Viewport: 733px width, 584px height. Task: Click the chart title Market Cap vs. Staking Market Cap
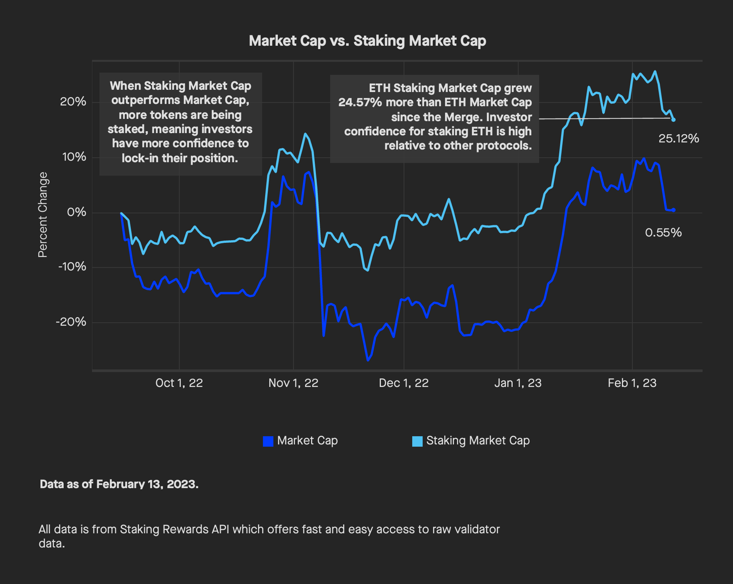tap(367, 41)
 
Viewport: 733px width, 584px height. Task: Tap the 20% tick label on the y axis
tap(73, 102)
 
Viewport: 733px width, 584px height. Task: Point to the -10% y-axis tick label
tap(72, 267)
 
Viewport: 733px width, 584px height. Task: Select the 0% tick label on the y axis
tap(76, 212)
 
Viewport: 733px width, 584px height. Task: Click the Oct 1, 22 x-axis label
tap(179, 383)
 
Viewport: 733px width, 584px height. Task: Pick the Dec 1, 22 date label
tap(404, 383)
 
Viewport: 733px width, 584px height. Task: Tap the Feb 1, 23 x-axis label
tap(632, 383)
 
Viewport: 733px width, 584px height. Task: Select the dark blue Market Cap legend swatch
tap(268, 441)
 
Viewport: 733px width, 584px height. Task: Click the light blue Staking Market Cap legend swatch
tap(417, 441)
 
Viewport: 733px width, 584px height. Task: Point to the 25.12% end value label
tap(678, 139)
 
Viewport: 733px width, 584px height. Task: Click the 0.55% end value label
tap(663, 232)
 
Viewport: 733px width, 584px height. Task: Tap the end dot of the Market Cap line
tap(674, 210)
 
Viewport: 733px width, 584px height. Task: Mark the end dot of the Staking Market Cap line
tap(674, 120)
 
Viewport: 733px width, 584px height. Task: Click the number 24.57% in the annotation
tap(360, 102)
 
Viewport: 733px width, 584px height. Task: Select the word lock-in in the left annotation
tap(140, 158)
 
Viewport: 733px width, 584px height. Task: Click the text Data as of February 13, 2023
tap(119, 484)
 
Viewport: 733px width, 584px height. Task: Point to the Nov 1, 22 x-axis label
tap(293, 383)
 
